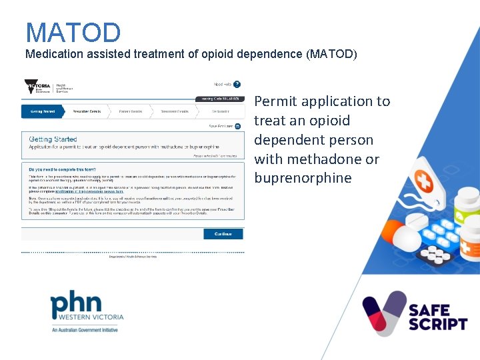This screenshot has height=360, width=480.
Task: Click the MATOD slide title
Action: coord(73,33)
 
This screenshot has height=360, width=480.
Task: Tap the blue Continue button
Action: coord(223,234)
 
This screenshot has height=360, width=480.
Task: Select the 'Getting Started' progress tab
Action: coord(43,111)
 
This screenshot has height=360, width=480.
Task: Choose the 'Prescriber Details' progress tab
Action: coord(87,111)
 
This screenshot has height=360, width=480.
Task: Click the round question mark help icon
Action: coord(237,85)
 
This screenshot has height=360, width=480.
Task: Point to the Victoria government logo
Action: coord(38,87)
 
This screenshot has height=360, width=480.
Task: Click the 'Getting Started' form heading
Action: coord(53,139)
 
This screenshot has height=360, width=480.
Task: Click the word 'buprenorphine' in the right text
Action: coord(303,178)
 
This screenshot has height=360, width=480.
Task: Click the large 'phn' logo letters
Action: coord(77,304)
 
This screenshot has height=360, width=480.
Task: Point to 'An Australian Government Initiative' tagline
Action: coord(85,330)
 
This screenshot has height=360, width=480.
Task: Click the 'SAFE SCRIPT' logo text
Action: coord(438,317)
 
